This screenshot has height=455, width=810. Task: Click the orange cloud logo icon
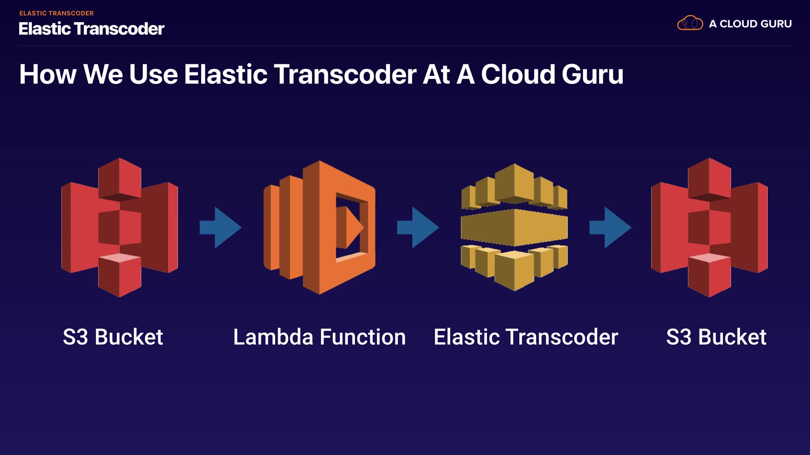(x=690, y=23)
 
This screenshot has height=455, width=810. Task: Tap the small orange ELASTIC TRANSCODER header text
(x=57, y=13)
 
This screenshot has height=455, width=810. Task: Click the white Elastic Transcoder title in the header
(x=91, y=29)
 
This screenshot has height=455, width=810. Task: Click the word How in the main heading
(x=48, y=75)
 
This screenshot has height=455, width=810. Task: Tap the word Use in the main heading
(x=154, y=75)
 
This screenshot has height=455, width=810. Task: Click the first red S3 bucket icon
(x=120, y=227)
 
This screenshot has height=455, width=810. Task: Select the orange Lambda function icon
(x=319, y=227)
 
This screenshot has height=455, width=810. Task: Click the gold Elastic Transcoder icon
(x=514, y=227)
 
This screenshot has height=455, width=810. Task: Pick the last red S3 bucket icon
(x=709, y=227)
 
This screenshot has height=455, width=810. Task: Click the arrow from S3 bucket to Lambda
(x=220, y=227)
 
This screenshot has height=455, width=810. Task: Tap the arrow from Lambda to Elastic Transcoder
(x=418, y=227)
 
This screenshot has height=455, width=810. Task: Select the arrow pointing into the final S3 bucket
(x=610, y=227)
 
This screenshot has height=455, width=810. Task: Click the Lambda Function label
(x=319, y=337)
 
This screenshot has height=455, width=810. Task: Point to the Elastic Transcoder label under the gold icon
(x=526, y=337)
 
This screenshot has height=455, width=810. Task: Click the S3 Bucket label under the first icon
(x=113, y=337)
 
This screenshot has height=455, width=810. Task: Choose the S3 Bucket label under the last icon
(x=716, y=337)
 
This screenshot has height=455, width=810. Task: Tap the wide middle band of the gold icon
(x=514, y=227)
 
